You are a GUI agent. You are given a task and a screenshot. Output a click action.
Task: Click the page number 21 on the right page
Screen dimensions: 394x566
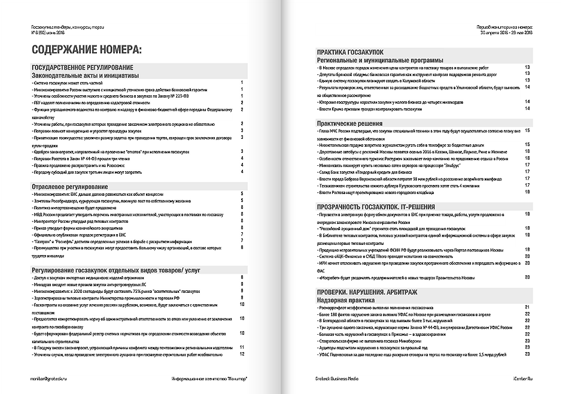[527, 307]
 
